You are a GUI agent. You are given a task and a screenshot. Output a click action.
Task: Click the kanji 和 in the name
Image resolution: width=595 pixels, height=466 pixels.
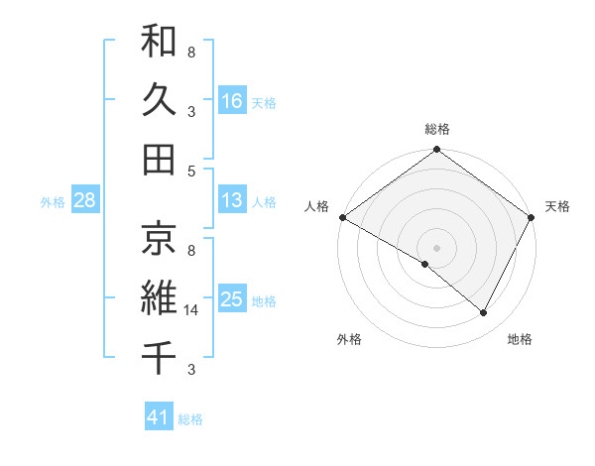tap(159, 42)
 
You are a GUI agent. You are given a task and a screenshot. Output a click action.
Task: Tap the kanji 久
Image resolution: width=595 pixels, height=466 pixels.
tap(159, 100)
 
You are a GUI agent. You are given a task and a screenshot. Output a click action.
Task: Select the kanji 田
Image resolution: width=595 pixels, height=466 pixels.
tap(159, 159)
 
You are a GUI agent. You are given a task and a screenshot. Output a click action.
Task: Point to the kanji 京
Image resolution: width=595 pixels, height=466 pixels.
tap(159, 237)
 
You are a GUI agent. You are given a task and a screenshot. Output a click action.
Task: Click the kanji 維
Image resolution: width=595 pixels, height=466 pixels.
tap(159, 295)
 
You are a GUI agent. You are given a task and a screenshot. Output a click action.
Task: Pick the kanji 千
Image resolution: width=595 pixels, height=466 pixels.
tap(159, 354)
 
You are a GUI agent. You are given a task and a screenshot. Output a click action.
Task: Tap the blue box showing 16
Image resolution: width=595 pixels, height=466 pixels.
tap(232, 100)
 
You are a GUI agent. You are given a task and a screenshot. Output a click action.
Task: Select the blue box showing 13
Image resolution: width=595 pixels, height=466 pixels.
tap(232, 200)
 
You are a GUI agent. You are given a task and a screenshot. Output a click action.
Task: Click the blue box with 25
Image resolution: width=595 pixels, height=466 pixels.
tap(232, 298)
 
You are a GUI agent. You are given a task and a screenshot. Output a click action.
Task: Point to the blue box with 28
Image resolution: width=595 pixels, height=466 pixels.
tap(85, 201)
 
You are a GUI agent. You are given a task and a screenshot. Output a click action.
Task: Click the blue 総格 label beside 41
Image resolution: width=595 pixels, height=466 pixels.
tap(190, 419)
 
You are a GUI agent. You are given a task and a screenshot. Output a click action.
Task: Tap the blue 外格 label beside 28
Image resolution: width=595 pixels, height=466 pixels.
tap(53, 202)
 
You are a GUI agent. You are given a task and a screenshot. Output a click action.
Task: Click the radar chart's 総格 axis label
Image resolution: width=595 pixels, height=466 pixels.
tap(437, 129)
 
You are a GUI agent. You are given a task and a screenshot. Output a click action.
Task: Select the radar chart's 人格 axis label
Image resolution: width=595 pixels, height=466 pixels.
tap(317, 206)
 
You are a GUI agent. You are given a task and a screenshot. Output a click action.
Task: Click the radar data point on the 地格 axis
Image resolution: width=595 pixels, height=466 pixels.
tap(484, 313)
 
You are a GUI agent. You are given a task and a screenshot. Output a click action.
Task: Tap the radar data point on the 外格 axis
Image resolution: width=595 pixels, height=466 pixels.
tap(425, 264)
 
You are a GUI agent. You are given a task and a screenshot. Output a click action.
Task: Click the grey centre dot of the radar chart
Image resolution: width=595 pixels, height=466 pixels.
tap(437, 247)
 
